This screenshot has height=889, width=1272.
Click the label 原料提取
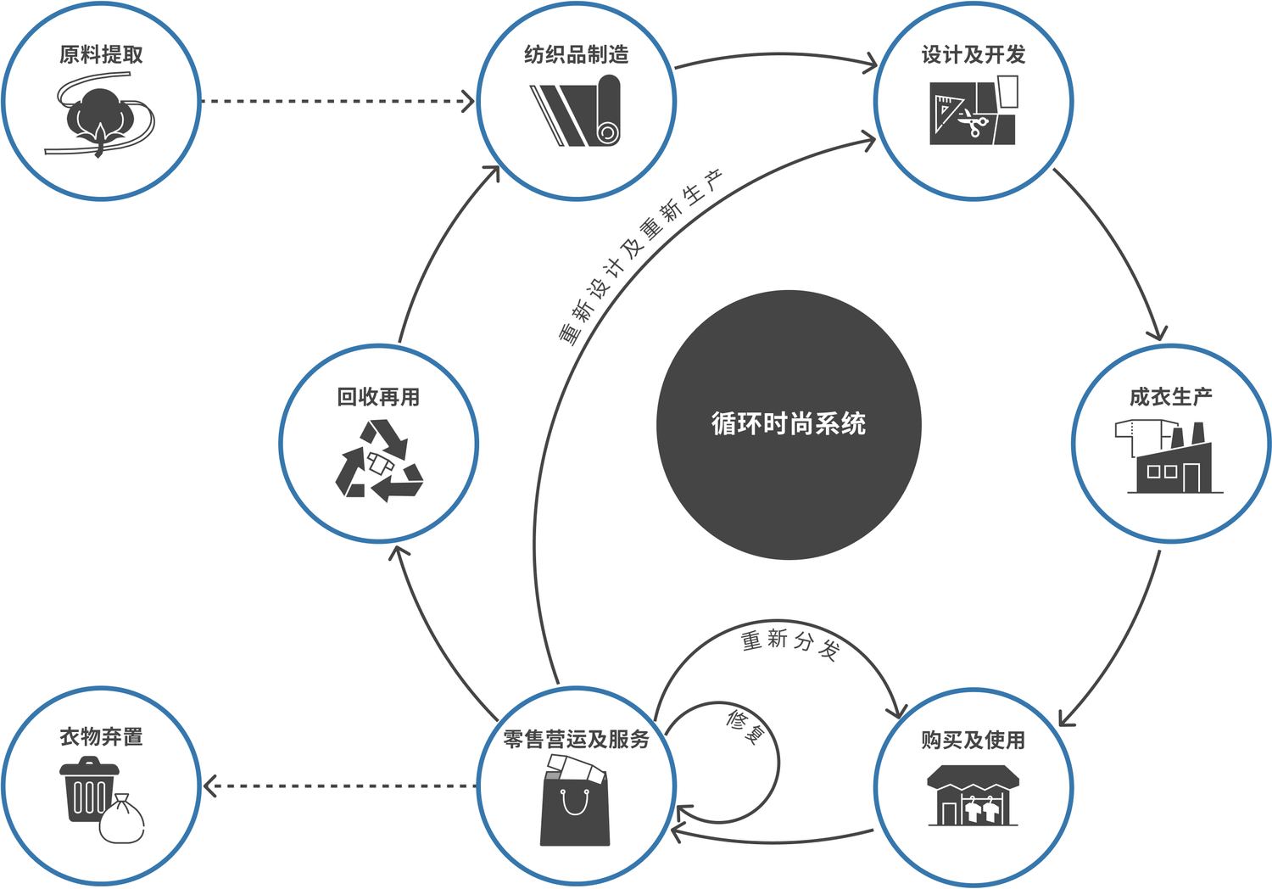[101, 55]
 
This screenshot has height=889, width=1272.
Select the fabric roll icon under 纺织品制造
[577, 111]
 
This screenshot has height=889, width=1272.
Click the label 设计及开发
[974, 55]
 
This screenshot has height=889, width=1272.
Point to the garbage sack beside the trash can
[122, 819]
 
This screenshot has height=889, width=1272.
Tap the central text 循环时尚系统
[789, 423]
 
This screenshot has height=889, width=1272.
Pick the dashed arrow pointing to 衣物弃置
[339, 786]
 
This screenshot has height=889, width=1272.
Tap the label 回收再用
[378, 397]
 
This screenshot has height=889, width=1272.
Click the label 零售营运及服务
[576, 740]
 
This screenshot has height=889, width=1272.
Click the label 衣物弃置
[101, 736]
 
